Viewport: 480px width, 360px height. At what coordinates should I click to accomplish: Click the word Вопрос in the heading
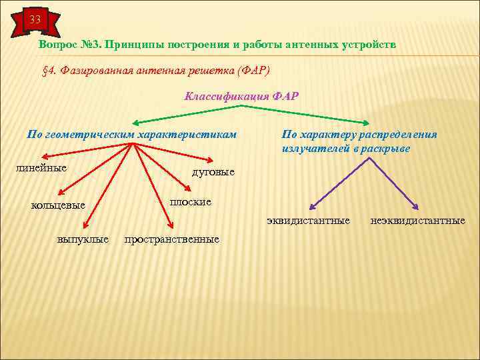57,44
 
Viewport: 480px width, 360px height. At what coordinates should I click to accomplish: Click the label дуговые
213,172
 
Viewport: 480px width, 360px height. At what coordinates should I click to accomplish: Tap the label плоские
191,201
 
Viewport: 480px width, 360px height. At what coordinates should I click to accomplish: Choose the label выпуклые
83,239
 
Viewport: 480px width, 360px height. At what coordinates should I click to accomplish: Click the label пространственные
172,239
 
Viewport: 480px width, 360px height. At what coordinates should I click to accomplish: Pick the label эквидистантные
308,220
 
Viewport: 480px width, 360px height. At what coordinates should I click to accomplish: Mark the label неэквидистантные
418,220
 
